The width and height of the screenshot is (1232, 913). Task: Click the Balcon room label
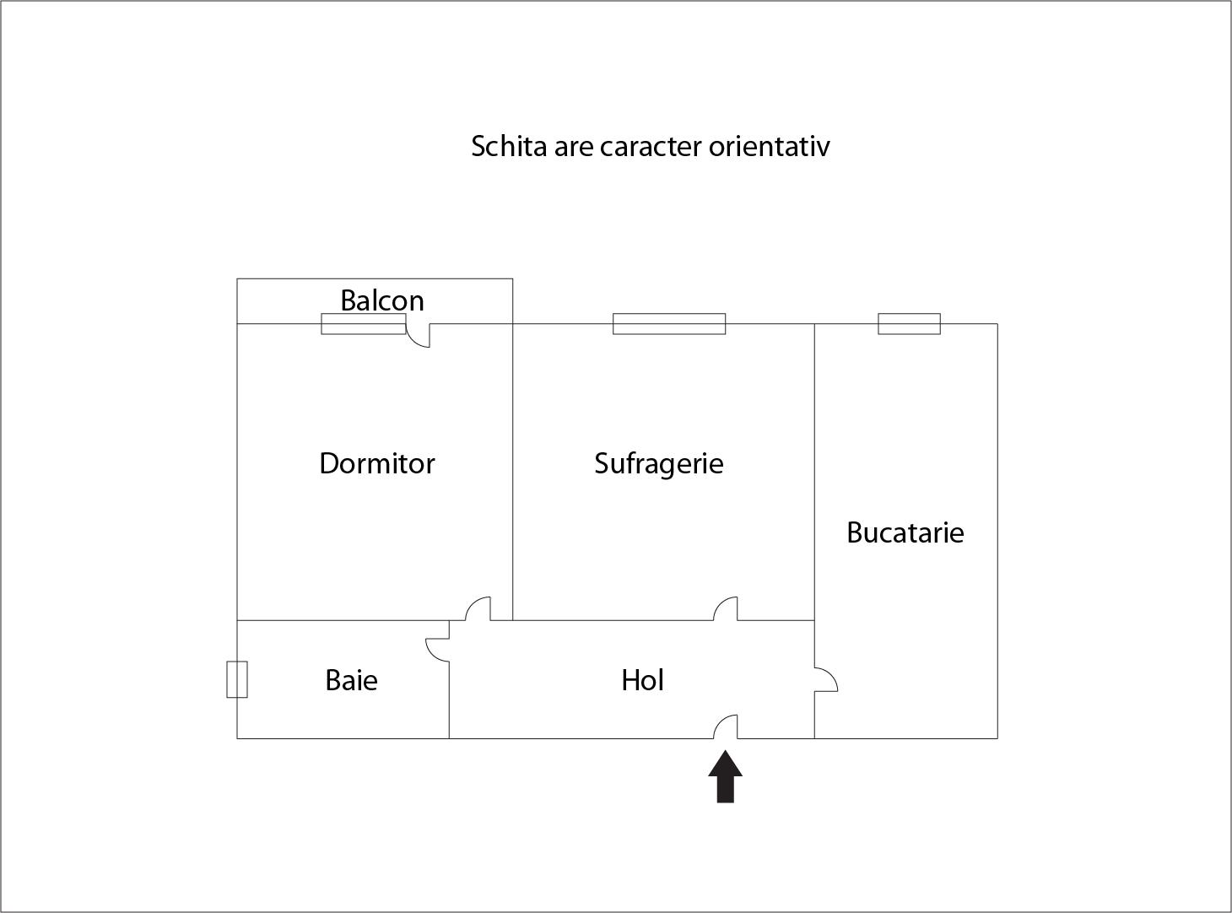tap(381, 300)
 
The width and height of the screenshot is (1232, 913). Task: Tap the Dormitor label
tap(376, 463)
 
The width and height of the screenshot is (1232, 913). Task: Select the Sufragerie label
tap(658, 463)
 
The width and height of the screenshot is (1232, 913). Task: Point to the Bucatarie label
tap(905, 532)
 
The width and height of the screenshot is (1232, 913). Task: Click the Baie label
tap(351, 680)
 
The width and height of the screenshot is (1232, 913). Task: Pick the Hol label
tap(642, 680)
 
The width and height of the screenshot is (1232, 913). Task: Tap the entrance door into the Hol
tap(726, 727)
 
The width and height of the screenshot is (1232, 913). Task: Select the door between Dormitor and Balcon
tap(418, 333)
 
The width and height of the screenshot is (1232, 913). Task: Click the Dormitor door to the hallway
tap(478, 609)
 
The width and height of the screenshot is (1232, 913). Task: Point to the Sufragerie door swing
tap(726, 609)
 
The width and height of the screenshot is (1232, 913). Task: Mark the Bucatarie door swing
tap(825, 679)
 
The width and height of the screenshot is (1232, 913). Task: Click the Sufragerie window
tap(668, 324)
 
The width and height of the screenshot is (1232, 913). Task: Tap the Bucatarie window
tap(909, 324)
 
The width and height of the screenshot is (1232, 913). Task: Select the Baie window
tap(237, 679)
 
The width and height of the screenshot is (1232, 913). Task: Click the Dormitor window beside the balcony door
tap(363, 324)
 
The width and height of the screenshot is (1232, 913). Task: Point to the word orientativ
tap(769, 146)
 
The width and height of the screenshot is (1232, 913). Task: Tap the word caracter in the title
tap(651, 146)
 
